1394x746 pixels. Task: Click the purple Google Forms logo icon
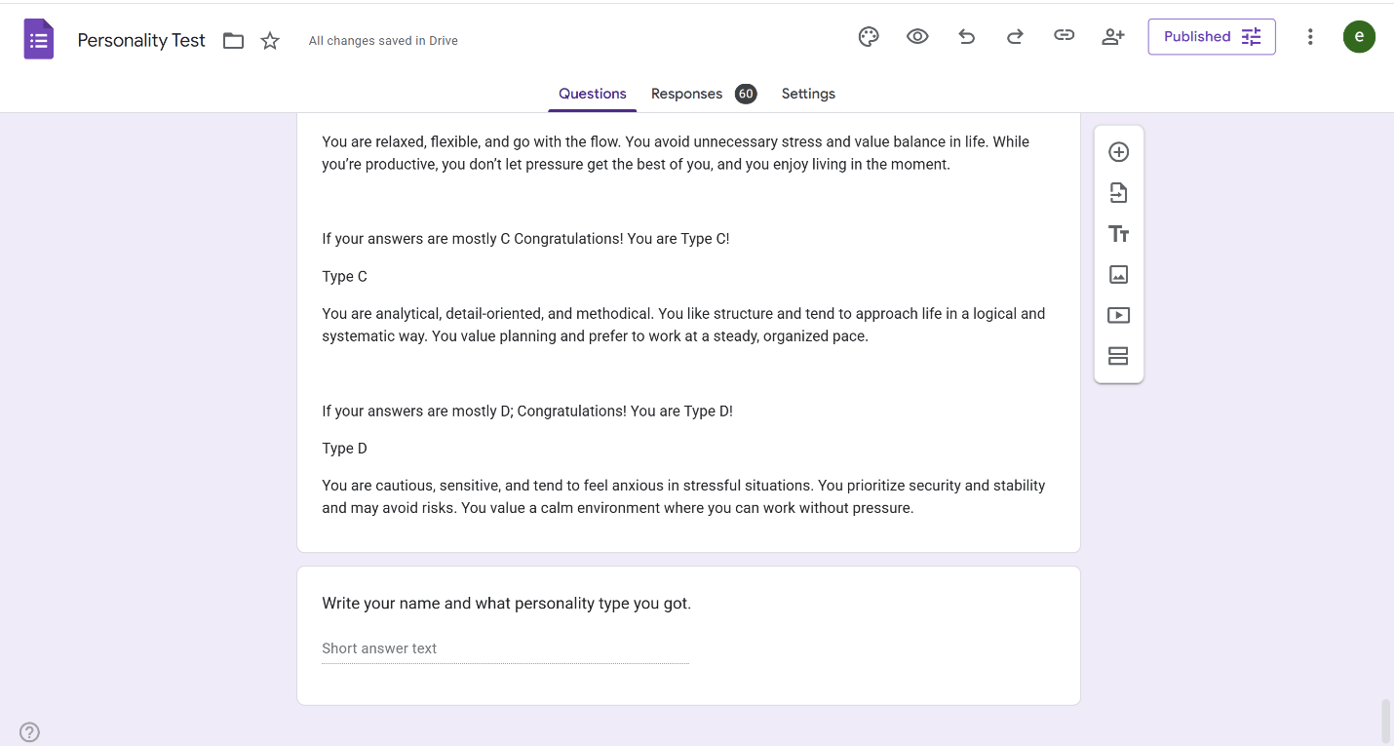[38, 40]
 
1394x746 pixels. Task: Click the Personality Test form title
[141, 40]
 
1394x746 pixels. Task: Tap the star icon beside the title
[270, 41]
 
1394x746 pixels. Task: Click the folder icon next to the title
[233, 41]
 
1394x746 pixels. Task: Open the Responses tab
[686, 94]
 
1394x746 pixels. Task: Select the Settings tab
[808, 94]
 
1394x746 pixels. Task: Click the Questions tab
[592, 94]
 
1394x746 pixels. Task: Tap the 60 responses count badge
[746, 94]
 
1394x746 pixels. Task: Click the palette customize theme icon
[869, 37]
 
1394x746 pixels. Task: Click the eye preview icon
[917, 37]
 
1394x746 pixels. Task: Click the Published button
[1212, 37]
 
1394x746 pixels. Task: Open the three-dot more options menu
[1310, 37]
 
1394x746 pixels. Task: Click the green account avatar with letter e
[1359, 37]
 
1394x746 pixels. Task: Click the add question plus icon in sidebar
[1118, 152]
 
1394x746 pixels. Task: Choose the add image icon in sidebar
[1118, 275]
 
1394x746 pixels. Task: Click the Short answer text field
[505, 648]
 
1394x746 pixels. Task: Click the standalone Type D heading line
[345, 449]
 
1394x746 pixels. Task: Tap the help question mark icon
[29, 732]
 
